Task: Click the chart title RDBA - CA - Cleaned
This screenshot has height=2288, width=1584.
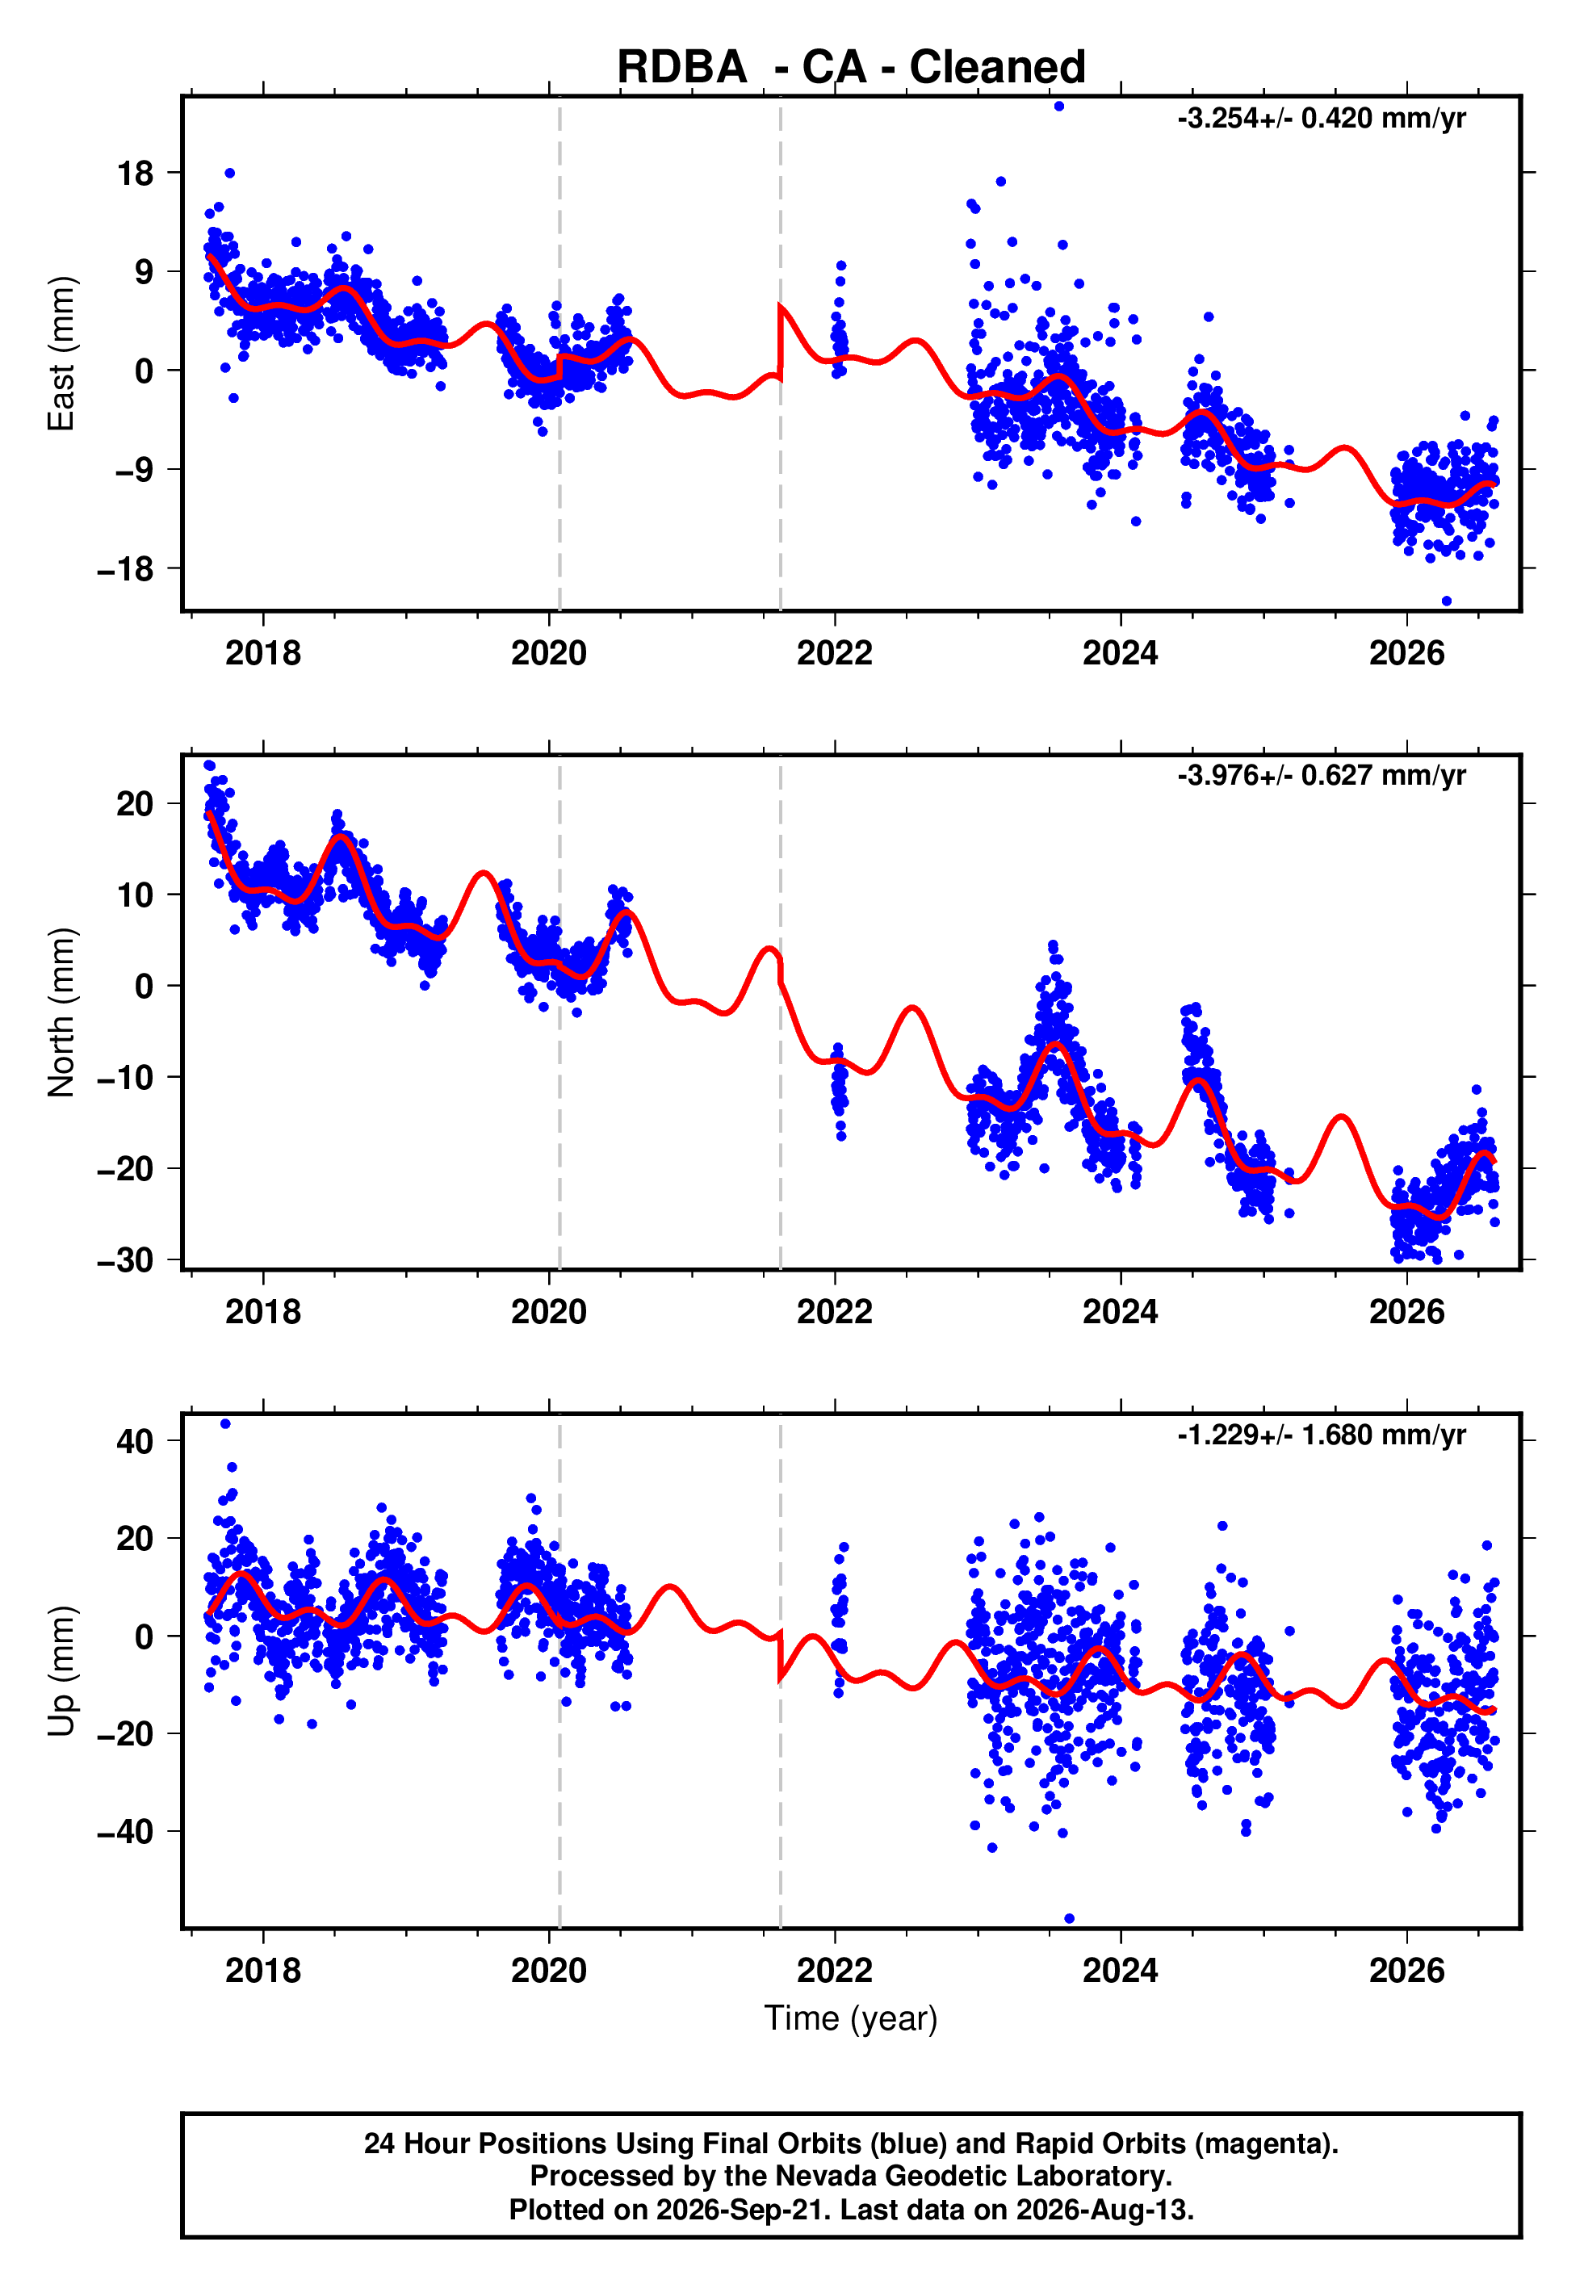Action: click(851, 68)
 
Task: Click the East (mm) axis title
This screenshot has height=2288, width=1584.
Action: click(61, 354)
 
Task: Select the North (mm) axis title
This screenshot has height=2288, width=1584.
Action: click(61, 1012)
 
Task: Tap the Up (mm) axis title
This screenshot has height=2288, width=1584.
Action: click(61, 1671)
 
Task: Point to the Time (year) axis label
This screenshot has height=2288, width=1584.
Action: click(851, 2019)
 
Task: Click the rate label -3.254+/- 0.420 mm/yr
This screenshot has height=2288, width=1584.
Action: click(1321, 119)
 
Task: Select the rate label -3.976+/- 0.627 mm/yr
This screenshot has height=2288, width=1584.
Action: click(1321, 776)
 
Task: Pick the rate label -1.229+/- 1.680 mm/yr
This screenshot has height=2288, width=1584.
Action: click(1321, 1435)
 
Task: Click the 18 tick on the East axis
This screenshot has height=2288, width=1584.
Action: click(136, 174)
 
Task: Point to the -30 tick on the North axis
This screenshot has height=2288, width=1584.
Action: click(126, 1261)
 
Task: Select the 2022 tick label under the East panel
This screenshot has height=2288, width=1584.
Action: click(835, 654)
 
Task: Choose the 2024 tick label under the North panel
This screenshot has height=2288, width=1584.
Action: click(1121, 1313)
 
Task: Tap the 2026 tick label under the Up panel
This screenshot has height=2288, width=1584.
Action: click(1406, 1972)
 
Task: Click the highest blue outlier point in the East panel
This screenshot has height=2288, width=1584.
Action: click(1059, 106)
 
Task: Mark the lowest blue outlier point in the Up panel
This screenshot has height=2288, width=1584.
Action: click(1069, 1919)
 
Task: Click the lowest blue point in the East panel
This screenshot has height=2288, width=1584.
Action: click(1446, 601)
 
